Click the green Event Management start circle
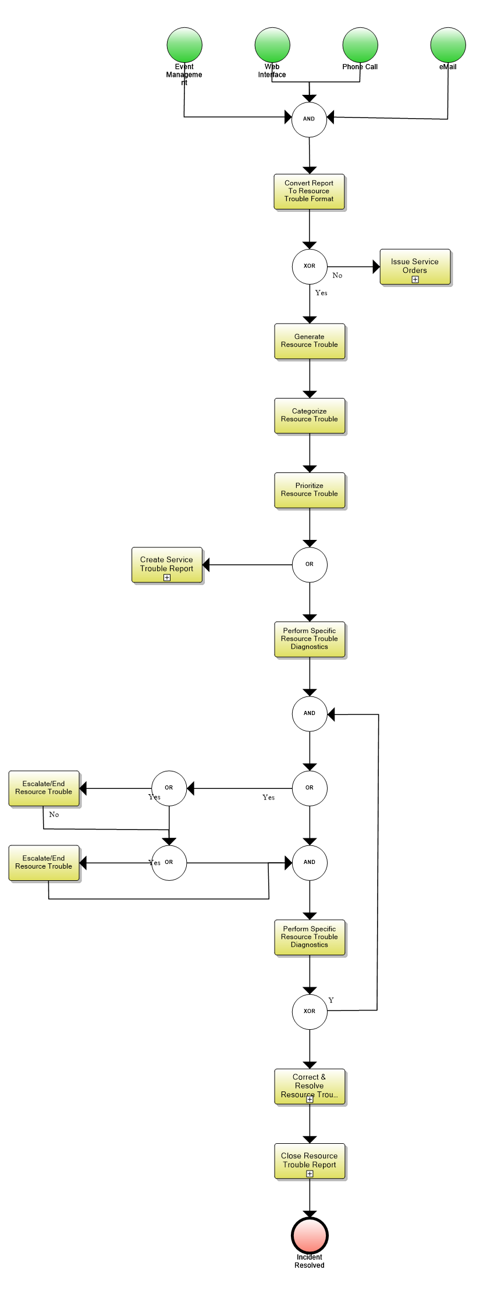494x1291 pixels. coord(184,45)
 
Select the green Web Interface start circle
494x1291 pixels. coord(272,45)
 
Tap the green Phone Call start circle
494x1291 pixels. coord(360,45)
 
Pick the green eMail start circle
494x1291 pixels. coord(448,45)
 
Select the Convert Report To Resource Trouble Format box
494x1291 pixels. coord(309,191)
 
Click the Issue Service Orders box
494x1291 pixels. coord(415,266)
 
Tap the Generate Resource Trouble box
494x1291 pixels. coord(310,341)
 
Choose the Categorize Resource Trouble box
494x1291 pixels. coord(310,415)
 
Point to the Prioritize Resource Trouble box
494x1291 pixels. coord(310,490)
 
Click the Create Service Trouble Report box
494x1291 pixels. coord(167,564)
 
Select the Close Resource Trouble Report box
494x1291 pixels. coord(310,1161)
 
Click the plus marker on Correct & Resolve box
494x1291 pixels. coord(310,1099)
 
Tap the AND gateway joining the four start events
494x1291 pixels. coord(309,119)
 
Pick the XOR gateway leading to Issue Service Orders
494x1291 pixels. coord(310,266)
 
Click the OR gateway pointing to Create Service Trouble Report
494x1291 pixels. coord(310,564)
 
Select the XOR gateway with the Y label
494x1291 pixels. coord(310,1012)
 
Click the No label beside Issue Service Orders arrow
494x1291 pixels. coord(337,276)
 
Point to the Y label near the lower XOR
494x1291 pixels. coord(331,1000)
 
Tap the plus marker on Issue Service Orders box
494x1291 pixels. coord(415,280)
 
